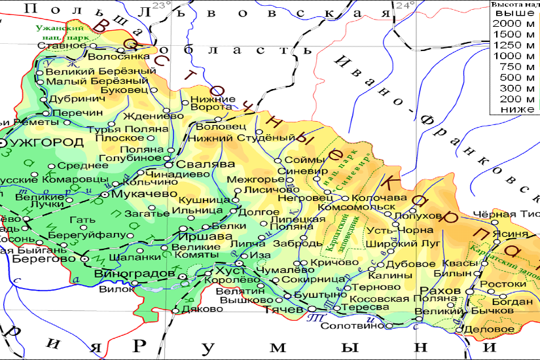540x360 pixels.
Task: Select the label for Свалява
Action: click(x=202, y=164)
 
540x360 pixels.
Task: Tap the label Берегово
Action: click(x=44, y=259)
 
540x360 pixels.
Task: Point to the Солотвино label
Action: click(x=353, y=325)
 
